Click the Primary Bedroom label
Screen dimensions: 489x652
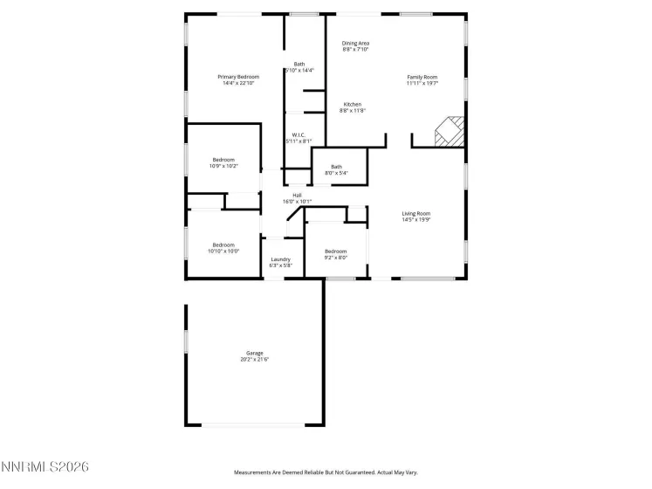(238, 77)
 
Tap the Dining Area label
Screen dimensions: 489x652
(355, 43)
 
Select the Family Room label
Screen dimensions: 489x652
(422, 77)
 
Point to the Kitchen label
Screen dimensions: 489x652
(352, 104)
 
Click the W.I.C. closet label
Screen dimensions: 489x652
(298, 134)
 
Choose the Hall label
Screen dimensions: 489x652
(297, 195)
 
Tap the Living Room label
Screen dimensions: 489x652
(416, 213)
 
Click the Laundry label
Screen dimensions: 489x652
(280, 258)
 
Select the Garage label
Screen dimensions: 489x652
(254, 353)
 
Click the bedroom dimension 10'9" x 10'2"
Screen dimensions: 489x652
(223, 166)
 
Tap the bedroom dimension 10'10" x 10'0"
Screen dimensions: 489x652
(223, 251)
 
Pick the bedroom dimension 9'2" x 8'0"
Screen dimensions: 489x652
(336, 258)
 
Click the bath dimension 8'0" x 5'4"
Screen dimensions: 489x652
(336, 173)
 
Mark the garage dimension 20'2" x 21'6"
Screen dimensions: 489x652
(254, 360)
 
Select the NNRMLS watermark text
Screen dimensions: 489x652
(45, 468)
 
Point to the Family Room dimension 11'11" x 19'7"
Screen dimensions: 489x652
(422, 84)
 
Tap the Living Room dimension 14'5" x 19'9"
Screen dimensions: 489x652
(416, 220)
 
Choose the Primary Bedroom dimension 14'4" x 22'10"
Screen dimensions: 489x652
(238, 84)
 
